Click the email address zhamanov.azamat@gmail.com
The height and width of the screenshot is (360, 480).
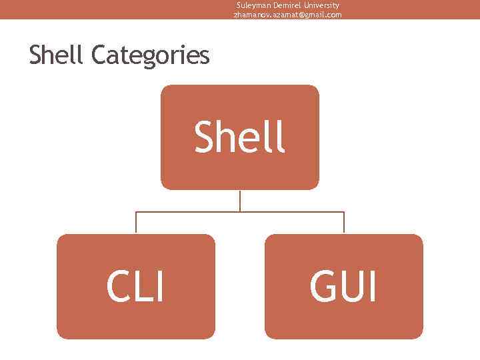click(287, 14)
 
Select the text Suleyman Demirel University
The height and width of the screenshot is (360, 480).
click(287, 5)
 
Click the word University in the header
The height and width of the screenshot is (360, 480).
click(321, 5)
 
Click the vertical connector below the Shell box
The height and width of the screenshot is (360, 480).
click(240, 201)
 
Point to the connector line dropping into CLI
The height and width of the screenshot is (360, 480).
click(136, 223)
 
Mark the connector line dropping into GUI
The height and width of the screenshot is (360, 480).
click(344, 223)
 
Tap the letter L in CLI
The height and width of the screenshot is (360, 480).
click(144, 287)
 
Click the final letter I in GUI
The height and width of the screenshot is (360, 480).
click(372, 287)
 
